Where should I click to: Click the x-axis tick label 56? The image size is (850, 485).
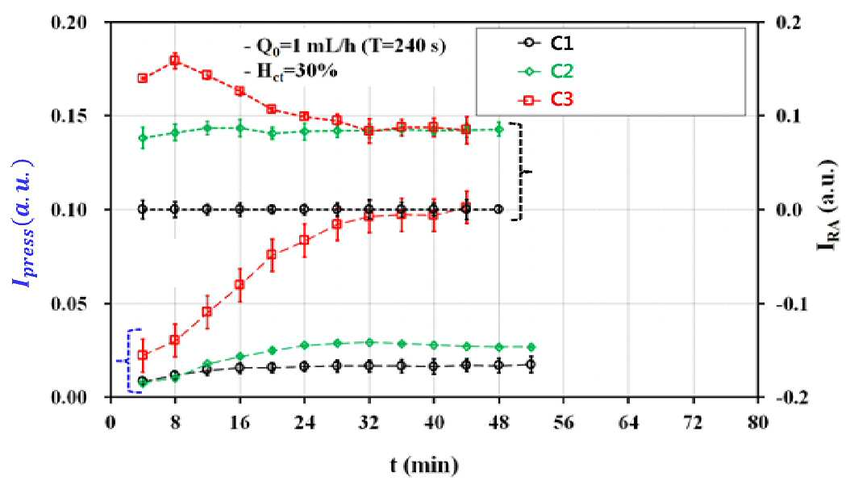point(564,422)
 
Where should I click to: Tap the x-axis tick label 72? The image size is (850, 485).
point(694,422)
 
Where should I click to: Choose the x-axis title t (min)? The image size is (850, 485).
point(424,465)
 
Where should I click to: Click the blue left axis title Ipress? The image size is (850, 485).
point(23,223)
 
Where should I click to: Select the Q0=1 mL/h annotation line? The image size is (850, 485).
point(345,46)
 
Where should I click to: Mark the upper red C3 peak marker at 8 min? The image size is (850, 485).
point(175,61)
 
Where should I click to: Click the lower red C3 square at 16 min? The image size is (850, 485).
point(240,284)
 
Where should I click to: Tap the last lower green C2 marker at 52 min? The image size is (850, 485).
point(531,347)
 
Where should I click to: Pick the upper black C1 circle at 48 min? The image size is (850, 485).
point(498,209)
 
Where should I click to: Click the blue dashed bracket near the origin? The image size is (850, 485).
point(129,360)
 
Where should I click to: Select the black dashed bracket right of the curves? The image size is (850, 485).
point(522,171)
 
